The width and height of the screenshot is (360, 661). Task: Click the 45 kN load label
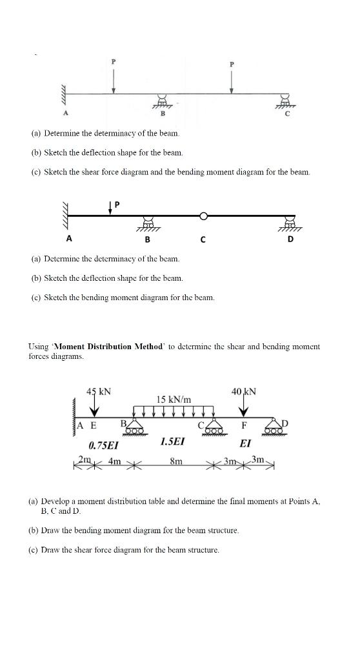tap(99, 391)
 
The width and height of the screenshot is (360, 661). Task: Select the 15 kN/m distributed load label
tap(174, 400)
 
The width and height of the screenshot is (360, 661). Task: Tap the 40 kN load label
tap(244, 391)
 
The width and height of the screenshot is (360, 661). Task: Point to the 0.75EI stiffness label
tap(104, 445)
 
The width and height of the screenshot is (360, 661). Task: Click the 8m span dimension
tap(175, 461)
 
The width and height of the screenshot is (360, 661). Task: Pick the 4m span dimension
tap(115, 461)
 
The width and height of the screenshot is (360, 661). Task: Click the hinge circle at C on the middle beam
tap(203, 216)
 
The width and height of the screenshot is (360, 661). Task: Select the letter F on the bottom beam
tap(244, 425)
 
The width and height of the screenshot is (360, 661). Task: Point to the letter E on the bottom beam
tap(94, 425)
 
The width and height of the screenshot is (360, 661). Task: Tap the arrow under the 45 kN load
tap(95, 407)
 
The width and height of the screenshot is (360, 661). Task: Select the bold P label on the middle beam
tap(117, 204)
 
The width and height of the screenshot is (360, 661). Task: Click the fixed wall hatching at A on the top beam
tap(64, 94)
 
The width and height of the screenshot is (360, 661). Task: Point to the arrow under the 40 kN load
tap(244, 408)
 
